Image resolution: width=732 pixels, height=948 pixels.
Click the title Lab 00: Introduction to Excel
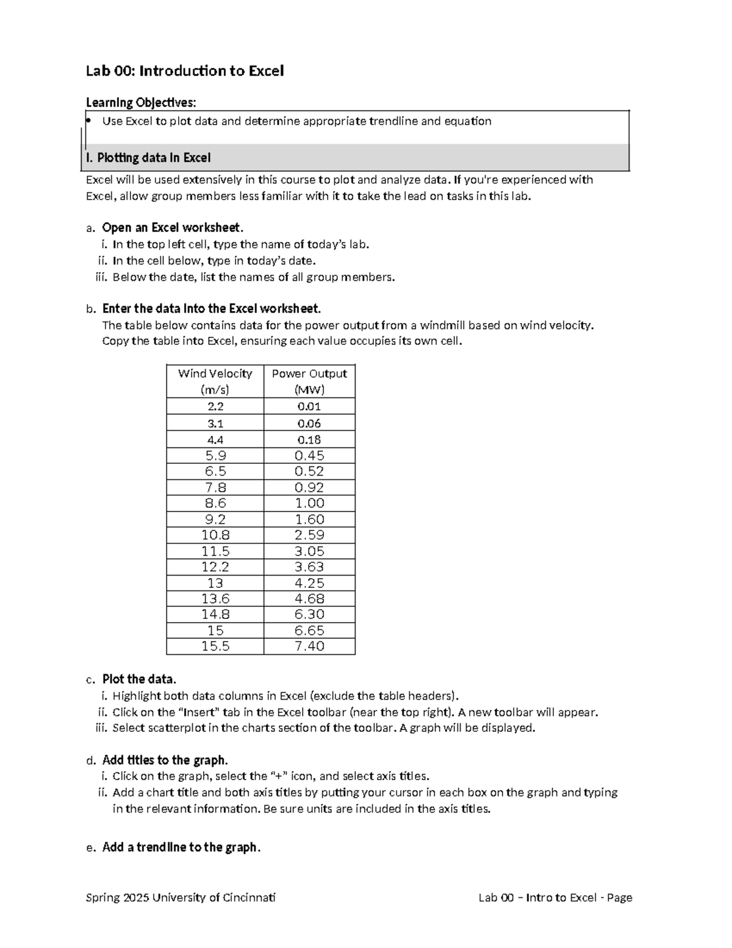click(x=184, y=71)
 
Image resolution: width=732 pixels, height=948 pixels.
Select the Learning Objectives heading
click(x=141, y=102)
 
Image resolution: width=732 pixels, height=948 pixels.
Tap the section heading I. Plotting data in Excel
click(x=148, y=158)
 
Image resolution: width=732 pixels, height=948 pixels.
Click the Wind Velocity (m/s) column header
click(x=215, y=382)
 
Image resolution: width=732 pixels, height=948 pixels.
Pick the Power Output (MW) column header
click(x=309, y=382)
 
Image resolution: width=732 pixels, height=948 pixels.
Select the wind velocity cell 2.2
click(x=215, y=407)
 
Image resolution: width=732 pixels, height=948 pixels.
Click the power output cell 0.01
click(x=309, y=407)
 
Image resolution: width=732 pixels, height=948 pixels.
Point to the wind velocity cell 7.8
click(x=215, y=487)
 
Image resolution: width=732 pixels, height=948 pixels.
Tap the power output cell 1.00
click(x=309, y=503)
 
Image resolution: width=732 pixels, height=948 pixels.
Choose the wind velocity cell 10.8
click(x=215, y=535)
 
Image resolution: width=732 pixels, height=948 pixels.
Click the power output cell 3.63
click(x=309, y=567)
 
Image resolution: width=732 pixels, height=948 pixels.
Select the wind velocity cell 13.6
click(x=215, y=599)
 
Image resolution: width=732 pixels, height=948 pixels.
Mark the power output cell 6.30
click(x=309, y=615)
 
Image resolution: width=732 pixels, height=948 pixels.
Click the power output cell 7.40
click(x=309, y=646)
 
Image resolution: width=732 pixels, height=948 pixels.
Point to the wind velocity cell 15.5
click(x=215, y=646)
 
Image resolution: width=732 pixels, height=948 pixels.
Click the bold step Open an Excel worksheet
click(x=173, y=228)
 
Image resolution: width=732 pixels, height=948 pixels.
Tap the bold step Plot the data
click(x=139, y=679)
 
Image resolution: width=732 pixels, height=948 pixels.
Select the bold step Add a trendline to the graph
click(x=181, y=847)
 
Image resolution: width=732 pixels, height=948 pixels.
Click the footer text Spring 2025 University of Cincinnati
click(x=181, y=897)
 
